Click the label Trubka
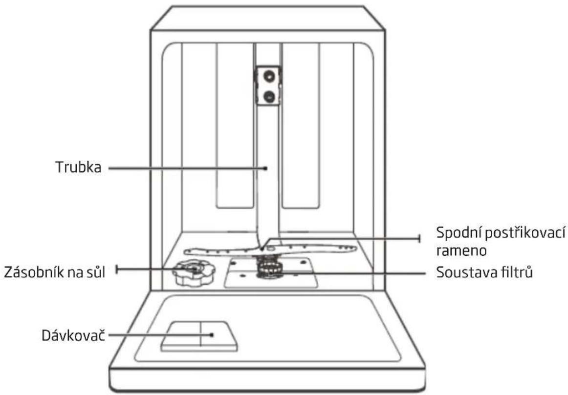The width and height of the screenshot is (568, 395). (x=78, y=167)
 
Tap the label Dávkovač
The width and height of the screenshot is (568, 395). (x=73, y=335)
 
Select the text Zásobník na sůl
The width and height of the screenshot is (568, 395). (x=54, y=272)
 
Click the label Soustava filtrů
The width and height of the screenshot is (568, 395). (x=484, y=272)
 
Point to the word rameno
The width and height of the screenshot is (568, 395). (x=461, y=250)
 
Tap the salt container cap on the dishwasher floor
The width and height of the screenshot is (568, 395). (x=194, y=273)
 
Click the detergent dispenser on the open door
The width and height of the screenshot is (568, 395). (x=199, y=336)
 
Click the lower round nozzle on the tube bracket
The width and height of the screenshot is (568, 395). (x=269, y=96)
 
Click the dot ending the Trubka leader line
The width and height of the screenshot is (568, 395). (x=265, y=168)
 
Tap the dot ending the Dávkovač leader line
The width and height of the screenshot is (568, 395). (x=212, y=335)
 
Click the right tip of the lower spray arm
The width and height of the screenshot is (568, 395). (x=356, y=248)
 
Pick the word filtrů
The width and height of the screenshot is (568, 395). (x=516, y=271)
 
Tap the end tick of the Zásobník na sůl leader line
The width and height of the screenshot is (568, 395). (x=116, y=270)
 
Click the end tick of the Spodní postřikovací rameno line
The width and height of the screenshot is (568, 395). (x=420, y=238)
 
